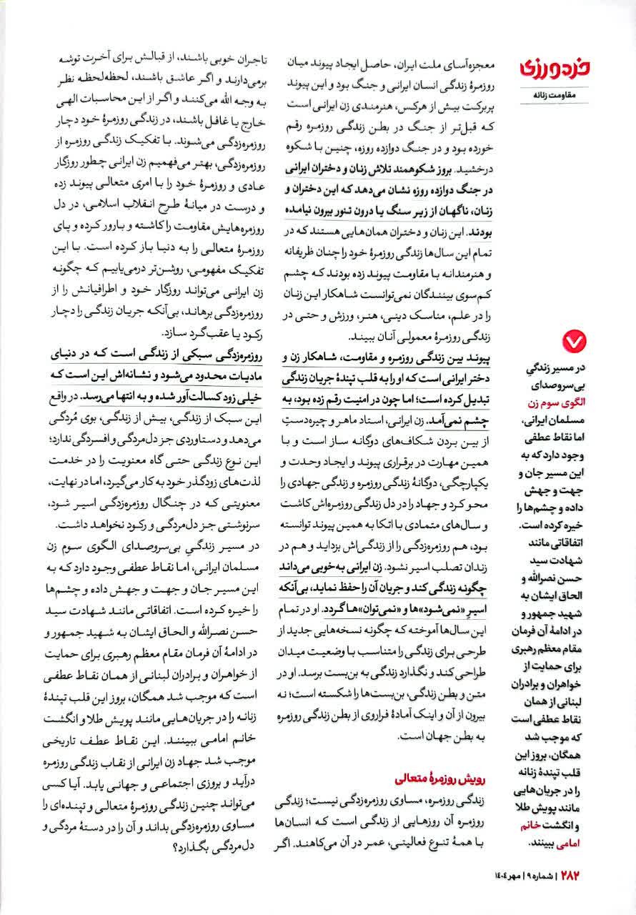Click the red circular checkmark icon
click(574, 342)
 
